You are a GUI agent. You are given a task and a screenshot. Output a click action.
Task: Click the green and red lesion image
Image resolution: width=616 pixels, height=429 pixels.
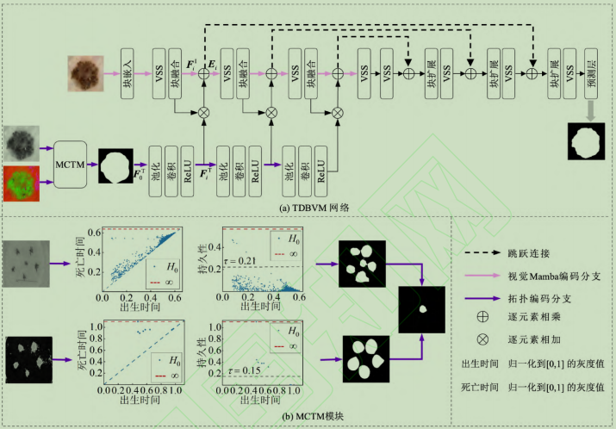[21, 186]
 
